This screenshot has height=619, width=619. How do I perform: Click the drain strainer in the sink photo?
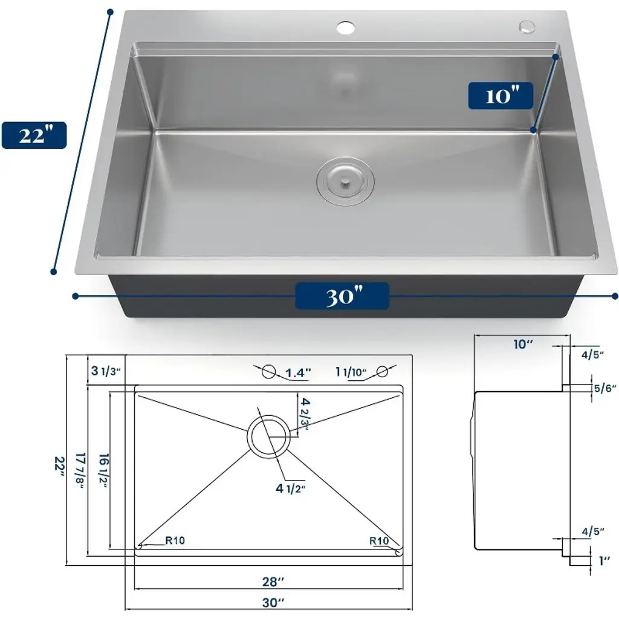click(x=345, y=181)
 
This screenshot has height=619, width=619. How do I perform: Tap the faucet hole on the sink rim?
click(x=346, y=28)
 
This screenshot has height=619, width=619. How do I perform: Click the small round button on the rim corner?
click(x=527, y=27)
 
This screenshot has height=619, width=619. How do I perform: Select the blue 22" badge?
click(x=34, y=135)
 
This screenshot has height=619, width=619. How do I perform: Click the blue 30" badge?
click(x=342, y=296)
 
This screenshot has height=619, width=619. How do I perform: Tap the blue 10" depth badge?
click(x=501, y=96)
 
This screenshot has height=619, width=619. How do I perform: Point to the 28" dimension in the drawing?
click(x=273, y=581)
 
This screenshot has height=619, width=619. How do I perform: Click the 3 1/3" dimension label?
click(x=106, y=371)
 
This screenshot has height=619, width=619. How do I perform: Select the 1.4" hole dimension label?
click(x=298, y=372)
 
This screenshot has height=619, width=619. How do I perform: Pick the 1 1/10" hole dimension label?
click(x=351, y=372)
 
